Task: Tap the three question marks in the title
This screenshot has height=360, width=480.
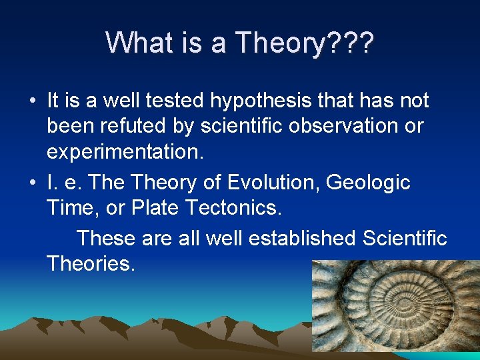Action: tap(350, 43)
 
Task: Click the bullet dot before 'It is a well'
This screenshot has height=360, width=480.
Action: tap(33, 102)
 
